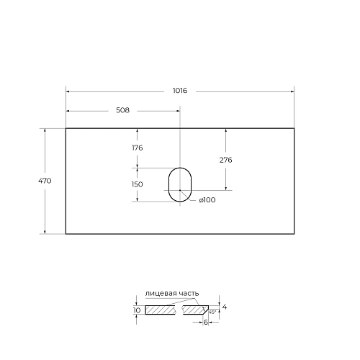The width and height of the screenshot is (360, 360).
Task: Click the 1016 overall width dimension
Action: coord(179,91)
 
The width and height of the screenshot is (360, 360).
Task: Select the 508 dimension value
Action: coord(122,110)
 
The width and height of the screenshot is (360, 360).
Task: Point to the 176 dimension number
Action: coord(137,148)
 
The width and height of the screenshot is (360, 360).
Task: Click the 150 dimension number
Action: coord(137,184)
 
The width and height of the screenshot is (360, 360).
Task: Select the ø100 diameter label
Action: coord(207,200)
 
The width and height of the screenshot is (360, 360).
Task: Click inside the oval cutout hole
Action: coord(179,184)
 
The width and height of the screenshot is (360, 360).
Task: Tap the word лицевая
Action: coord(160,294)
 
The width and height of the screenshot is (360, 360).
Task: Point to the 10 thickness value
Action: coord(137,310)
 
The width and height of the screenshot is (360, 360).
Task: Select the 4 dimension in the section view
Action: coord(225,307)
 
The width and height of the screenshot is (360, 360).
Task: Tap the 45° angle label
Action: coord(212,312)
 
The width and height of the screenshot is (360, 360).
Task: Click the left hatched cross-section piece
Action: coord(161,310)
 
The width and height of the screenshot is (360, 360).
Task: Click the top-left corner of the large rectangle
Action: coord(66,129)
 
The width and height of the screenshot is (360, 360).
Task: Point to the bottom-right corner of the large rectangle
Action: coord(294,234)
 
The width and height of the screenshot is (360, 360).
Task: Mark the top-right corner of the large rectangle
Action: coord(294,129)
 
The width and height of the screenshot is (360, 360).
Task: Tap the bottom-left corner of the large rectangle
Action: coord(66,234)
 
